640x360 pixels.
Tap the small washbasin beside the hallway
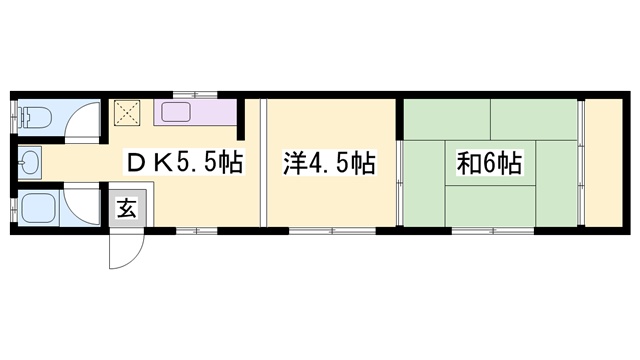(x=29, y=162)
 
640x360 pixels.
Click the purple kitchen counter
(x=194, y=112)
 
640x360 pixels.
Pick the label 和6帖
(x=489, y=162)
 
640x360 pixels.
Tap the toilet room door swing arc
(x=78, y=118)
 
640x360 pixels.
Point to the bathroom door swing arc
(x=77, y=206)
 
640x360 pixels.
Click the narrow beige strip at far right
(x=603, y=162)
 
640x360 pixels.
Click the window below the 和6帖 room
(x=490, y=232)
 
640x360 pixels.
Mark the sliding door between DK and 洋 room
(x=263, y=163)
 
